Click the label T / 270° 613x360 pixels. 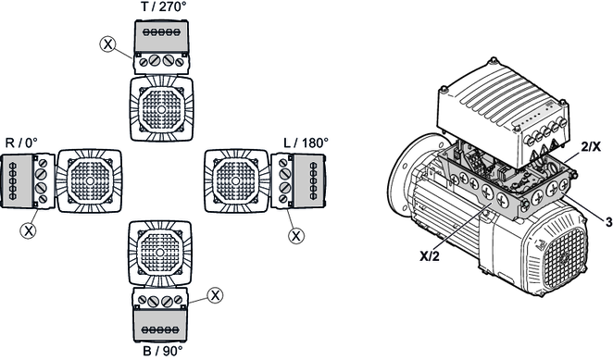pos(162,6)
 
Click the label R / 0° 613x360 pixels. pos(21,143)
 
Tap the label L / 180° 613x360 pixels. pos(306,143)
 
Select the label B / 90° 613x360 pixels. pos(162,351)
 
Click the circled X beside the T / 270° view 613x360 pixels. pos(108,43)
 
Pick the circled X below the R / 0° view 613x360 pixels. pos(28,230)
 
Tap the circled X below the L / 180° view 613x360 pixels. pos(296,236)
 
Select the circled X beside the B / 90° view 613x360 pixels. pos(215,295)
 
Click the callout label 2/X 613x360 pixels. pos(591,147)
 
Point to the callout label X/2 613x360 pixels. pos(430,256)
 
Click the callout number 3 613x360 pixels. pos(608,223)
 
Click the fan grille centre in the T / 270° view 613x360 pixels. pos(161,109)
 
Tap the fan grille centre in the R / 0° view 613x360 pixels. pos(90,180)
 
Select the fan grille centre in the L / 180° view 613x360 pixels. pos(236,180)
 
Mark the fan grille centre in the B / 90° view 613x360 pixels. pos(160,253)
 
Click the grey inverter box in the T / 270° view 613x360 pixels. pos(161,35)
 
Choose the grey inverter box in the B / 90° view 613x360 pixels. pos(160,326)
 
